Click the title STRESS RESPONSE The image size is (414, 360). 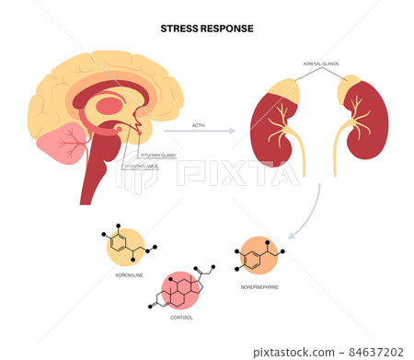tap(206, 27)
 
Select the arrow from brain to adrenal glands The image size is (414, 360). tap(197, 133)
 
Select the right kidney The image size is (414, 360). tap(363, 123)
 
